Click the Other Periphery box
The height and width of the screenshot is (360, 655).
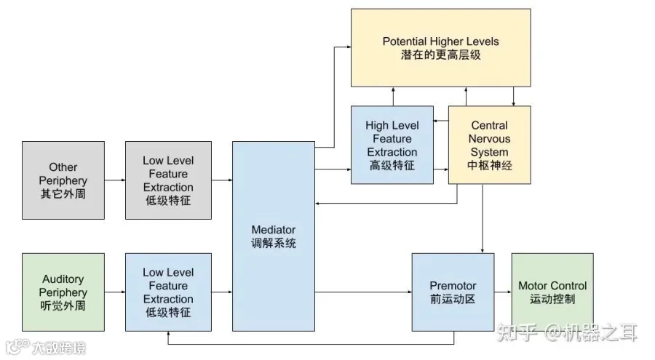click(63, 180)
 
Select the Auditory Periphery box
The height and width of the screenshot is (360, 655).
click(63, 292)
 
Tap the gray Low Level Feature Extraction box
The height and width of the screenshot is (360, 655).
click(168, 180)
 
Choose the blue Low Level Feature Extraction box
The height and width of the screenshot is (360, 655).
click(168, 292)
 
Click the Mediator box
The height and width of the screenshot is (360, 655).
click(274, 236)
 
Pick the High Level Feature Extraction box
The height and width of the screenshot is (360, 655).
click(392, 145)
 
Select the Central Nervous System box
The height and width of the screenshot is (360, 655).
click(490, 145)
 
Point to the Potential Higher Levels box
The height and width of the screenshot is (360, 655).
click(441, 47)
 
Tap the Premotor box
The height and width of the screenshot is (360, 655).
click(453, 292)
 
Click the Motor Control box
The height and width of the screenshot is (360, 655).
click(552, 292)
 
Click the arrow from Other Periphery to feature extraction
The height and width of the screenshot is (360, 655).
click(115, 180)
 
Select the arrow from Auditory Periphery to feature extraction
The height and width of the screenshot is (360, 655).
click(115, 292)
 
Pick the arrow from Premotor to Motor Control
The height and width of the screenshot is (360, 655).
click(503, 292)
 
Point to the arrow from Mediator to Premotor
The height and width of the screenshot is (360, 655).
click(363, 292)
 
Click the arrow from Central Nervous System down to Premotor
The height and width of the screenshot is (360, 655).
click(483, 218)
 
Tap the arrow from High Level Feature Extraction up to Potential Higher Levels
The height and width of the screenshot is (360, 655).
click(393, 97)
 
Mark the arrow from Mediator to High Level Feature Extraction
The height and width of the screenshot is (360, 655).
click(333, 169)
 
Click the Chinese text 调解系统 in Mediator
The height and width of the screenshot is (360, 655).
click(274, 243)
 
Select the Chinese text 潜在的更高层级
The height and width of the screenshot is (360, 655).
click(441, 55)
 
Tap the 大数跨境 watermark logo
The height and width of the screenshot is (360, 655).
click(46, 348)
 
